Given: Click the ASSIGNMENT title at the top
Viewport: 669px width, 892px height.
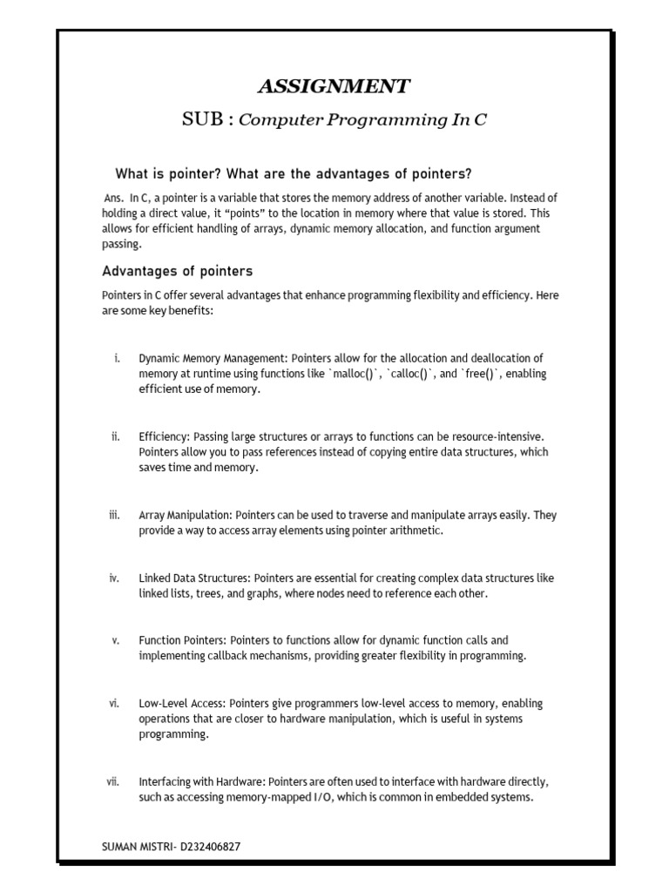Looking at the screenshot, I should [334, 85].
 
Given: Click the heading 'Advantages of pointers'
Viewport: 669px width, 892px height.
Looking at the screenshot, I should [178, 271].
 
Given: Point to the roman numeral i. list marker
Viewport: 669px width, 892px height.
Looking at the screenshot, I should [116, 358].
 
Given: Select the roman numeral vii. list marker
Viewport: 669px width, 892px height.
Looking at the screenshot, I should [112, 781].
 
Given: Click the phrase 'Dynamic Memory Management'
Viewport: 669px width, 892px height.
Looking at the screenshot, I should [213, 358].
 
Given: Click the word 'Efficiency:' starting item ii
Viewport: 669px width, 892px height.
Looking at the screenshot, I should [164, 436].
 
